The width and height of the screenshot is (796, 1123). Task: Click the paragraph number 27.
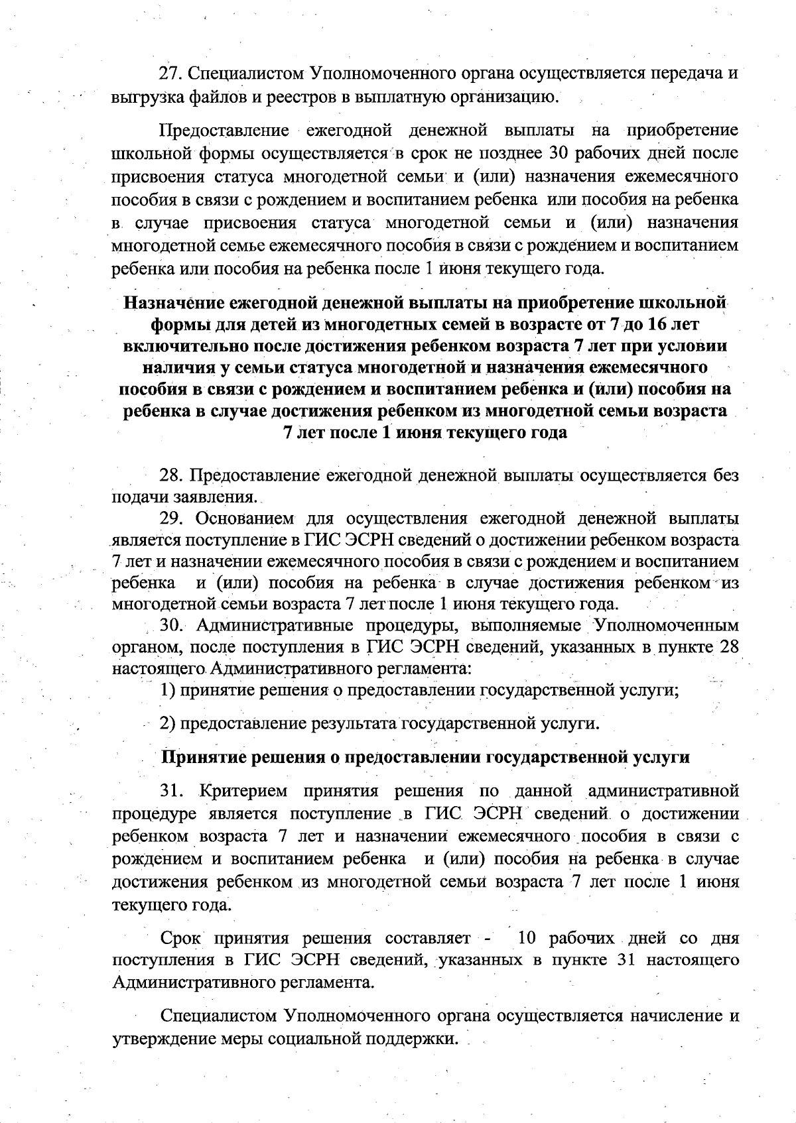tap(168, 72)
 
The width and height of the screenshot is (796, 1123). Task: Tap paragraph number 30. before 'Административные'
tap(171, 626)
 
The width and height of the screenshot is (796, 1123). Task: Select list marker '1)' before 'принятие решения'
tap(168, 690)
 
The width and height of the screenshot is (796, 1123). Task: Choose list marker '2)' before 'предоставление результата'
tap(168, 723)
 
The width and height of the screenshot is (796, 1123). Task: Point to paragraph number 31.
tap(171, 792)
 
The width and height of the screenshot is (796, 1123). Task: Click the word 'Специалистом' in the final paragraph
tap(218, 1016)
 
